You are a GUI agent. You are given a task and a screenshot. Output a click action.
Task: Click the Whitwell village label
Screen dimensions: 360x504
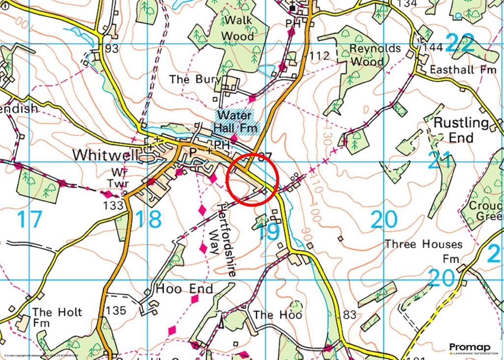pyautogui.click(x=104, y=155)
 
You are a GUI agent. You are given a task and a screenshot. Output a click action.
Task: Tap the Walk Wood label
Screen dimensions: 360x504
pyautogui.click(x=238, y=28)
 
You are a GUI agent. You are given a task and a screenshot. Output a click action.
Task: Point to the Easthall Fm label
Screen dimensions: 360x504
pyautogui.click(x=462, y=69)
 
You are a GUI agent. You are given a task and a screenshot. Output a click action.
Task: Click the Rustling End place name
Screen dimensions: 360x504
pyautogui.click(x=461, y=130)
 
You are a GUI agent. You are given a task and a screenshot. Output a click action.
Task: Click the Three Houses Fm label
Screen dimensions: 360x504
pyautogui.click(x=424, y=251)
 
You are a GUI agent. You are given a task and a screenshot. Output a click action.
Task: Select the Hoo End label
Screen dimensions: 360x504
pyautogui.click(x=185, y=289)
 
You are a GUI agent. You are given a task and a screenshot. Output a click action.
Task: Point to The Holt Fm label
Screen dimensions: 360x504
pyautogui.click(x=57, y=318)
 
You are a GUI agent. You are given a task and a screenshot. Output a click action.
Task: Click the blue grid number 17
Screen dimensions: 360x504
pyautogui.click(x=29, y=220)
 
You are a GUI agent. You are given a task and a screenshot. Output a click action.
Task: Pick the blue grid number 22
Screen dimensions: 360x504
pyautogui.click(x=460, y=44)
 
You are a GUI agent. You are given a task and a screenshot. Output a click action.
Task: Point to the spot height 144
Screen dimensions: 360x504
pyautogui.click(x=433, y=48)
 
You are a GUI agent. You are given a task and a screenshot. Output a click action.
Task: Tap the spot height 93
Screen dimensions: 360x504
pyautogui.click(x=112, y=49)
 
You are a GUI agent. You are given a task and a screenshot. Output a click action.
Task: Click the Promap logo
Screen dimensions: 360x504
pyautogui.click(x=470, y=347)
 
